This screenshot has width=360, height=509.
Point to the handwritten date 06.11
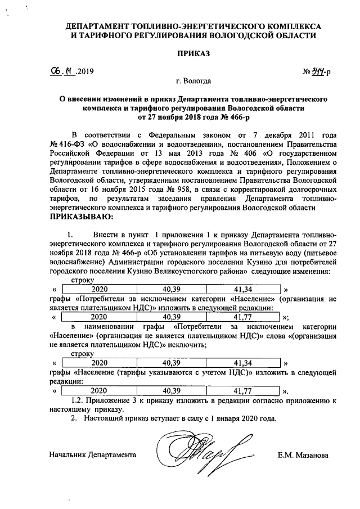point(62,71)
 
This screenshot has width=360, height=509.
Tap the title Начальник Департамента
point(93,454)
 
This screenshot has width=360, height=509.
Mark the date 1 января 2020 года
point(243,419)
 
